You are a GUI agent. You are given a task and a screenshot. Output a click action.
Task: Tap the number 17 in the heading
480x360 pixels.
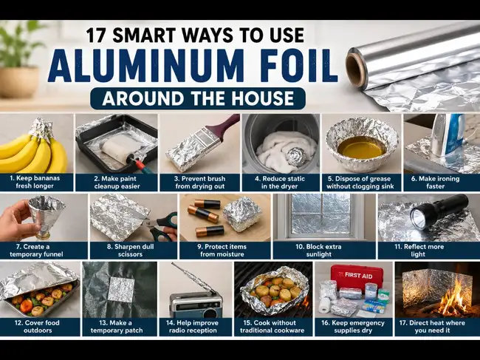click(x=97, y=35)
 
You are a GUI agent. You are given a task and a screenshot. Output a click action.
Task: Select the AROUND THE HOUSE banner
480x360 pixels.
click(x=198, y=98)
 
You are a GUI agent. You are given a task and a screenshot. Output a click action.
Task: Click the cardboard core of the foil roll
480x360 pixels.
click(x=357, y=67)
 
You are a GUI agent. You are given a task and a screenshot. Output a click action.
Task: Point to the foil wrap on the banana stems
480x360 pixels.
click(x=41, y=128)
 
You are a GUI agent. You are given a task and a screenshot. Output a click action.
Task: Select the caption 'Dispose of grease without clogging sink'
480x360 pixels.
click(x=360, y=183)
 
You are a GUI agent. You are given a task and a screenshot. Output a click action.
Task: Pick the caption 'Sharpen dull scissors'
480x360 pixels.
click(x=131, y=251)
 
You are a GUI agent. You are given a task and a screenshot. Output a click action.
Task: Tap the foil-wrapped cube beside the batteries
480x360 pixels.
click(x=242, y=214)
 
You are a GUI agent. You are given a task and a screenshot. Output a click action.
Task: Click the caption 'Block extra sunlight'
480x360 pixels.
click(x=319, y=251)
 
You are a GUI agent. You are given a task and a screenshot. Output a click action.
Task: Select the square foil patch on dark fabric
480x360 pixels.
click(x=121, y=290)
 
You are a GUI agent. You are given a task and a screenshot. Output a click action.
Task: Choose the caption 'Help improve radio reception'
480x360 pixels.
click(x=193, y=327)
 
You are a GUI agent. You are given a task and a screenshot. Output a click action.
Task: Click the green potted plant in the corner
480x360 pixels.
click(x=19, y=58)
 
